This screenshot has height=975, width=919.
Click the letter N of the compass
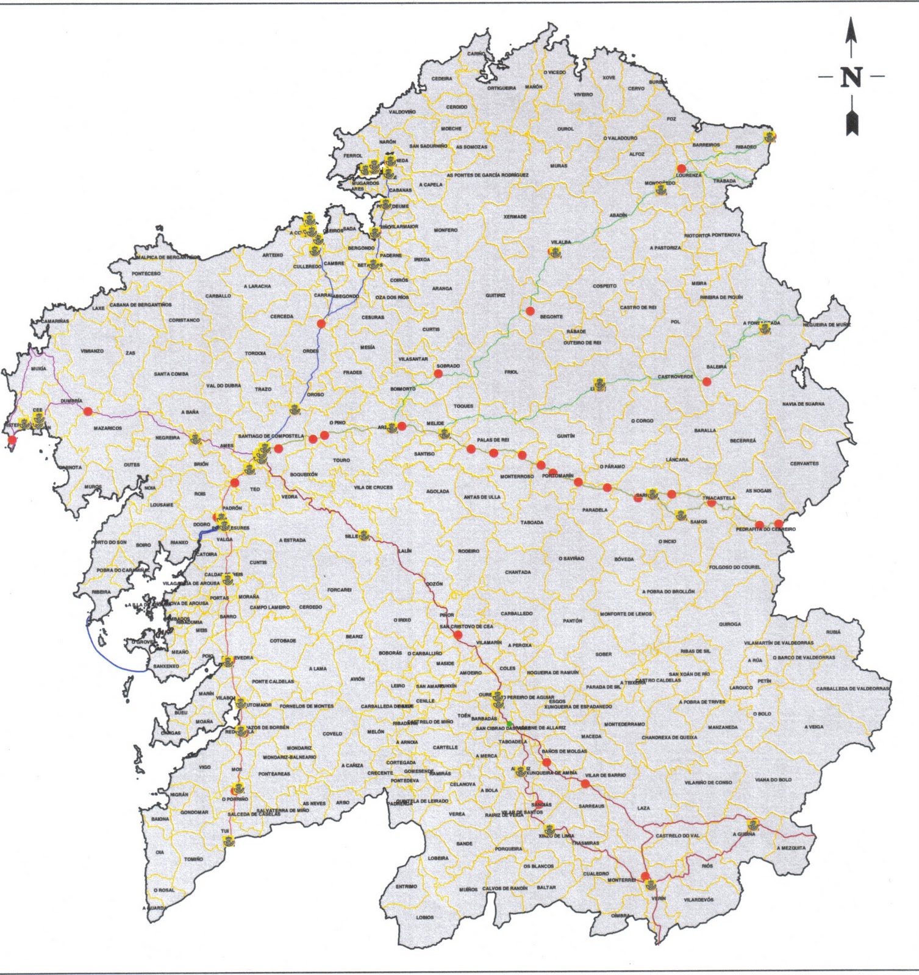tap(852, 77)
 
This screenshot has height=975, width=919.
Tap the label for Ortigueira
tap(501, 88)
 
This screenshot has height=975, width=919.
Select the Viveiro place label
tap(583, 94)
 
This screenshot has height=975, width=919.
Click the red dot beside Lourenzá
tap(681, 168)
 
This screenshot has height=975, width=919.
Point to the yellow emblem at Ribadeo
tap(770, 136)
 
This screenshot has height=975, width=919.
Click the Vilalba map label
tap(561, 242)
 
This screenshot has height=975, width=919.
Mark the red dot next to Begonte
tap(530, 311)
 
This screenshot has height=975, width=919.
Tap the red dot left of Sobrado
tap(438, 373)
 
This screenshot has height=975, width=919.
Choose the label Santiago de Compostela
tap(271, 436)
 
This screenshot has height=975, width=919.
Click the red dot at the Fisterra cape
tap(12, 439)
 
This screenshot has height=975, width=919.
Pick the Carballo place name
tap(218, 296)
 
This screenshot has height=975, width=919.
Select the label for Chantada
tap(518, 572)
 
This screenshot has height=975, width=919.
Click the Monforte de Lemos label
tap(626, 614)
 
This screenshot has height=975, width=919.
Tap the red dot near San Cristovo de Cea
tap(458, 635)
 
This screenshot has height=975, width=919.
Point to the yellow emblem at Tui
tap(229, 842)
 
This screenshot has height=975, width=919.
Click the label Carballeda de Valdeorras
tap(853, 689)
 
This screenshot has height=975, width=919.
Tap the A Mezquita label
tap(791, 848)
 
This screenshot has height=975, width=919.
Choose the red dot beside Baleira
tap(706, 381)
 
